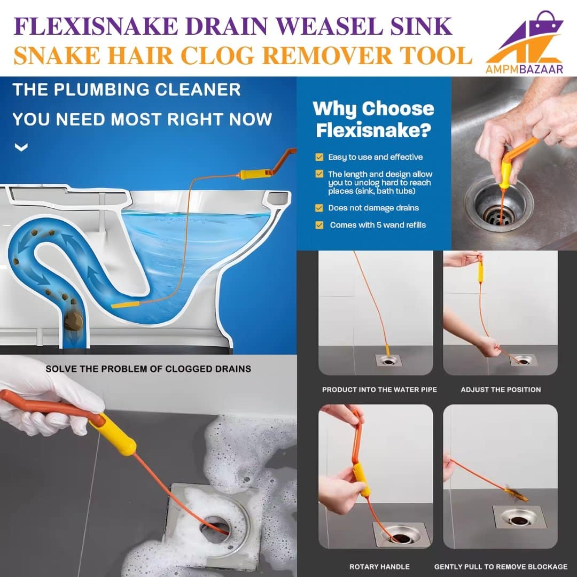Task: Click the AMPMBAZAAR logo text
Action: click(524, 69)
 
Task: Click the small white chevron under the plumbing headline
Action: click(21, 147)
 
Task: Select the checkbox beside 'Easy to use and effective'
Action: click(319, 157)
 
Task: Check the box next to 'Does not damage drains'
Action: click(319, 208)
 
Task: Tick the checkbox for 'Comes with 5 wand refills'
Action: click(319, 225)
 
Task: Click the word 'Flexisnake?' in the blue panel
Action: click(373, 130)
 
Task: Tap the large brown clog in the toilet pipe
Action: click(74, 321)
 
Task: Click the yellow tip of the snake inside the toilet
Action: click(125, 305)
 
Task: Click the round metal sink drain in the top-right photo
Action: click(498, 206)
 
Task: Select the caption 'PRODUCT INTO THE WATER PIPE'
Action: click(379, 389)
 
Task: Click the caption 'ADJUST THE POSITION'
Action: click(501, 389)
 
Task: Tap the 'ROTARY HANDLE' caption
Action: click(379, 567)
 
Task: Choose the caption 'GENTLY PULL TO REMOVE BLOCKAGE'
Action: click(501, 567)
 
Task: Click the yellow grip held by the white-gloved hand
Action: click(115, 434)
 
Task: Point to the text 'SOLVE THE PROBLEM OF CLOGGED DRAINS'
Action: click(149, 369)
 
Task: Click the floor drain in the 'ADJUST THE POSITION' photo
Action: click(524, 360)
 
